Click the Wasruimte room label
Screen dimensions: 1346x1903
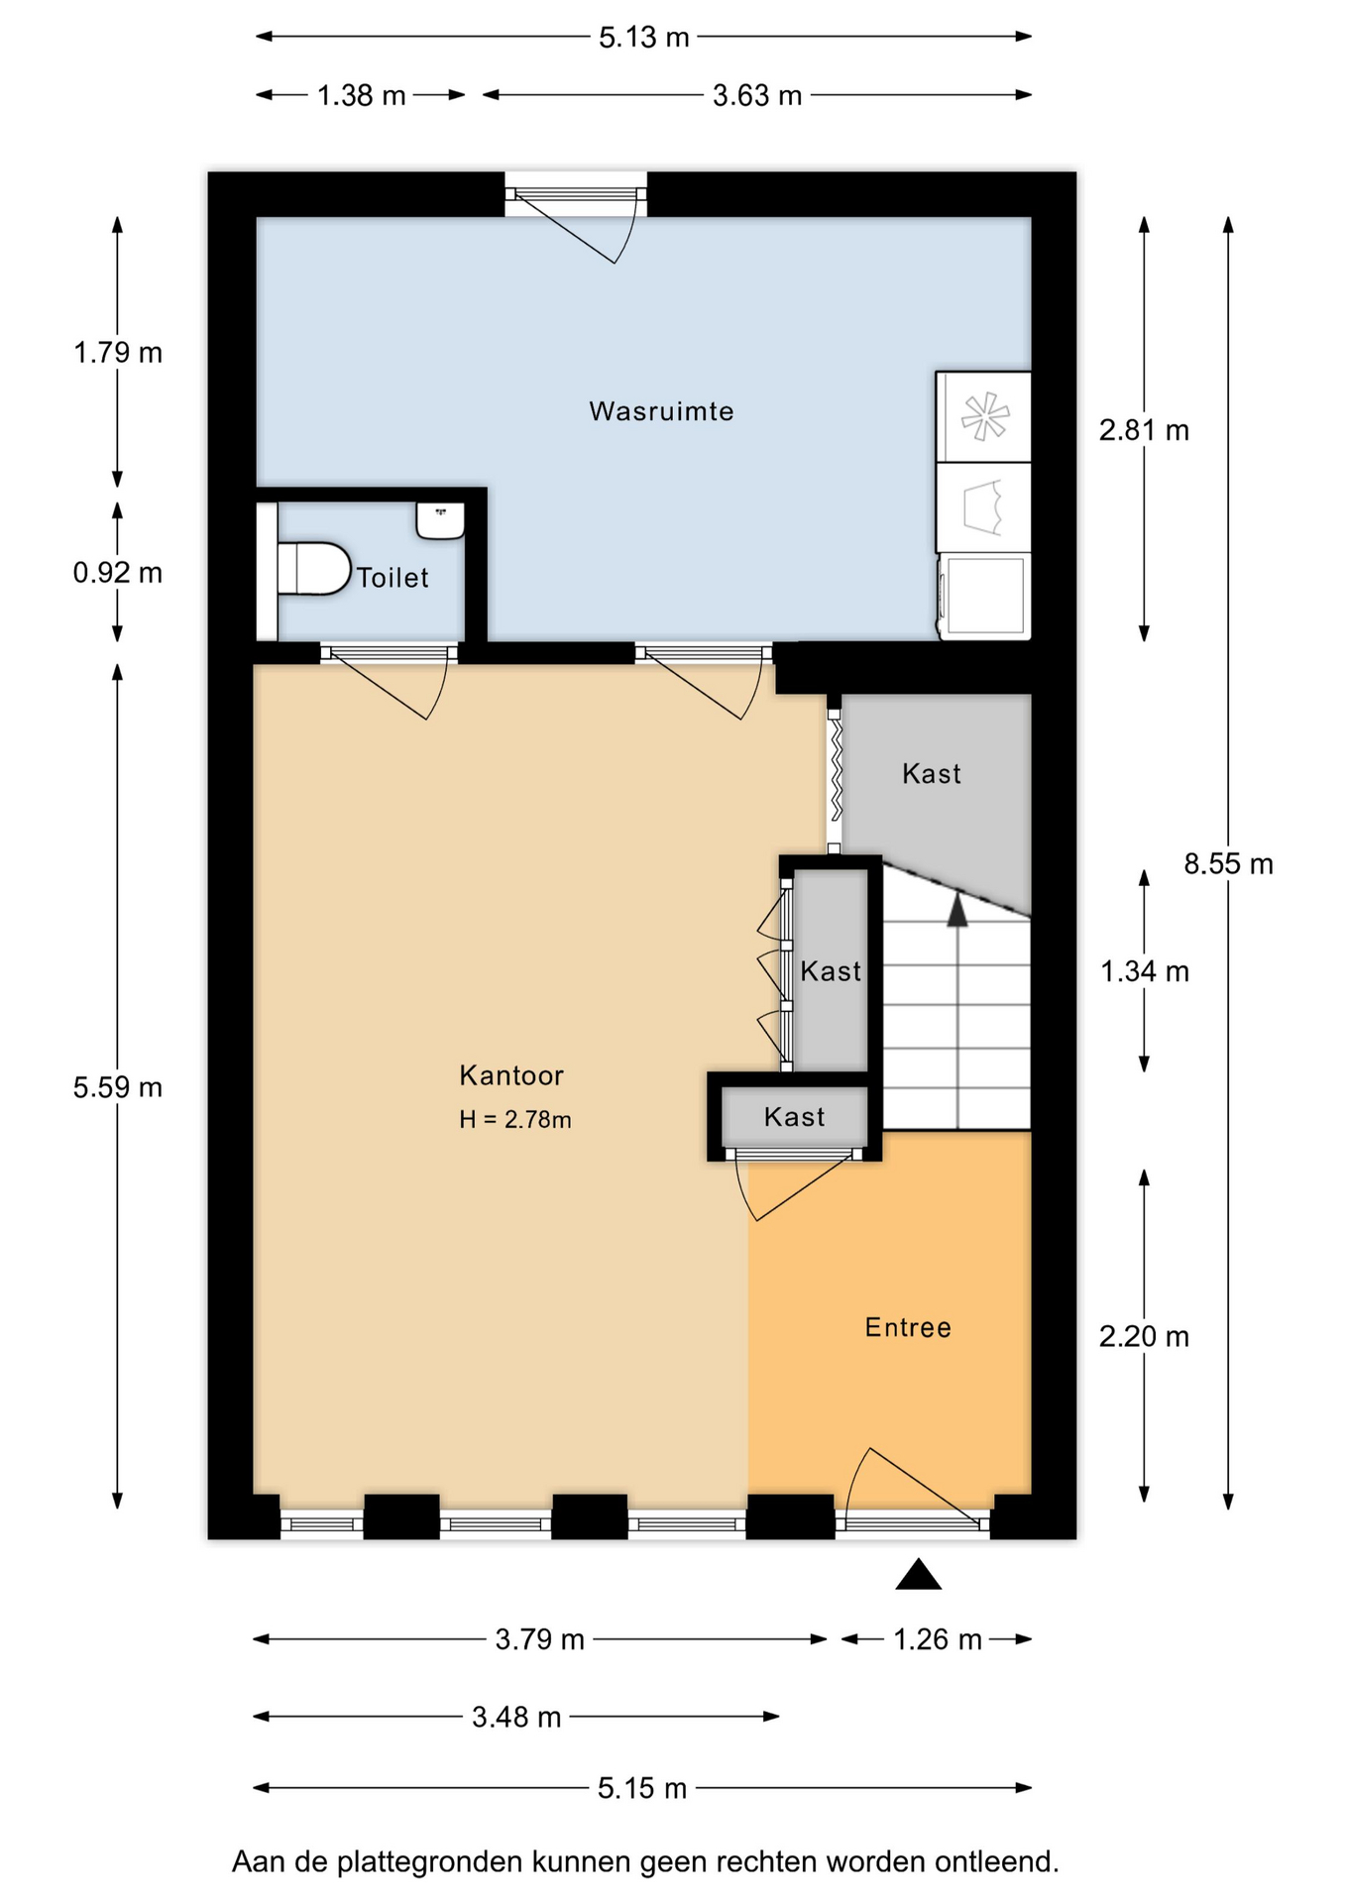[661, 411]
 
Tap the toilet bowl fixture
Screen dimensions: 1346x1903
[314, 568]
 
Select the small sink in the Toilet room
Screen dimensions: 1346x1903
[440, 520]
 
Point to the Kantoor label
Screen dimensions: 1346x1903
[510, 1075]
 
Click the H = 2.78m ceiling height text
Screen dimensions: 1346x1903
[515, 1120]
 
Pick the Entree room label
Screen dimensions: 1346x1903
[908, 1328]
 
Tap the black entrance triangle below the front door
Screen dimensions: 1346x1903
[918, 1574]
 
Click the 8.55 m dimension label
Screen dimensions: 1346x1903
[1228, 864]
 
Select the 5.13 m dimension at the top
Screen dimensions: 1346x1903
[643, 38]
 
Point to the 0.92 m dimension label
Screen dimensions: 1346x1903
[118, 573]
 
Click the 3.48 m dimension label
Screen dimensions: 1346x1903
[516, 1717]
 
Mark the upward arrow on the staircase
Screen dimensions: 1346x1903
[956, 1010]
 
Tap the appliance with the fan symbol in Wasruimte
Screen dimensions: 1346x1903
[984, 416]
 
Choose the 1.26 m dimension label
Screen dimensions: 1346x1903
[938, 1639]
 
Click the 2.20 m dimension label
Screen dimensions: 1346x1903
[1144, 1337]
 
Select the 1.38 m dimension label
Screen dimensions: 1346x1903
[362, 96]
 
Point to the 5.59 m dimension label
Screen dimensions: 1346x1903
[118, 1087]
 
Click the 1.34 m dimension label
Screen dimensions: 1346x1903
[1145, 971]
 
